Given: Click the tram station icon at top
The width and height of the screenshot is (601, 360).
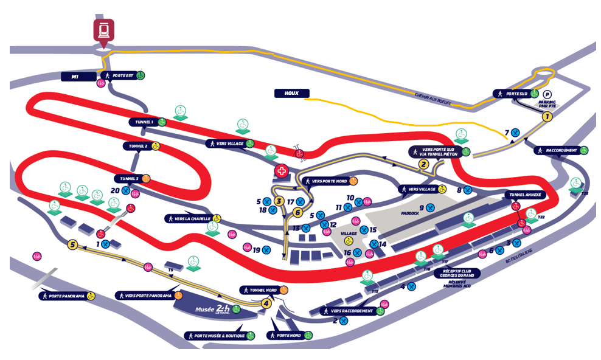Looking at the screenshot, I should click(x=104, y=30).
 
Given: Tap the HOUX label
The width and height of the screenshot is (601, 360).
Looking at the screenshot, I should click(x=291, y=94).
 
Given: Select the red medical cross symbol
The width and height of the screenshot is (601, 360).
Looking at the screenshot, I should click(x=281, y=171).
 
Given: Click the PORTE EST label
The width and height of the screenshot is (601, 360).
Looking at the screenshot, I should click(x=123, y=76).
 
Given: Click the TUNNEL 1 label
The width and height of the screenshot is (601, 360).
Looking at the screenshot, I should click(x=144, y=122).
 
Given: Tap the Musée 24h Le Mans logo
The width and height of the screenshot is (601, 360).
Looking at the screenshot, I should click(x=213, y=309).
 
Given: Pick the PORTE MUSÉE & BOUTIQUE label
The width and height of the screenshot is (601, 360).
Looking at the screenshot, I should click(x=215, y=336).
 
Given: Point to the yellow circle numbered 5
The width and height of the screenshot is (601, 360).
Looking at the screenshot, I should click(x=73, y=245).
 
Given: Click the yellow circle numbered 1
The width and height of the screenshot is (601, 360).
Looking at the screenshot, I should click(x=547, y=116).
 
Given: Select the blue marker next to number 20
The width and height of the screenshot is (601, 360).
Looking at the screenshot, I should click(x=126, y=190).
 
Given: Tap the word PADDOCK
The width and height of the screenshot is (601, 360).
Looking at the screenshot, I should click(x=411, y=213).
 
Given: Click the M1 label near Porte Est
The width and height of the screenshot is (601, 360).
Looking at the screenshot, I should click(x=75, y=77).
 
